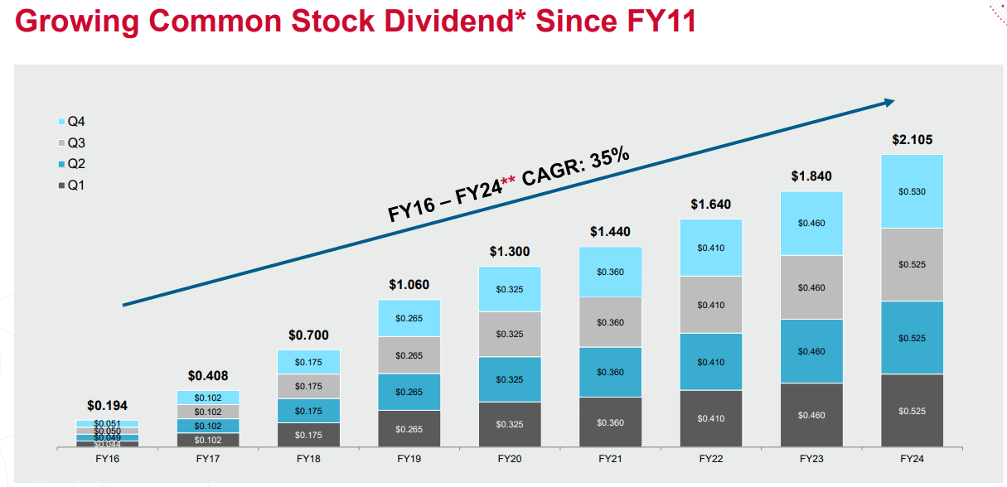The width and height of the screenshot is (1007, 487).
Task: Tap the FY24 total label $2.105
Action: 912,140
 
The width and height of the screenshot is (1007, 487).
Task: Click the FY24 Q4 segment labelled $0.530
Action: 912,191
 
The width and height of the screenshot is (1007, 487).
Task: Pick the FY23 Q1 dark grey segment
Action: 811,415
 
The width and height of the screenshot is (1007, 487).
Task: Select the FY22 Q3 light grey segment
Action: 710,305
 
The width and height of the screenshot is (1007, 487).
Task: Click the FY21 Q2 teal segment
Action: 610,372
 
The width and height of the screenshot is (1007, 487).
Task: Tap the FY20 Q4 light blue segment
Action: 509,289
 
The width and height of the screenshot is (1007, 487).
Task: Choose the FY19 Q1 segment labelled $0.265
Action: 409,429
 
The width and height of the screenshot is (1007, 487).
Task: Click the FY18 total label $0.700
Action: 308,335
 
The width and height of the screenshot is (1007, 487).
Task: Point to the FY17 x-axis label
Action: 208,458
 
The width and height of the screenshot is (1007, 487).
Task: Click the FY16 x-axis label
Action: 107,458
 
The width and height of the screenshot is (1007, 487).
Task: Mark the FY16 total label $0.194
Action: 107,406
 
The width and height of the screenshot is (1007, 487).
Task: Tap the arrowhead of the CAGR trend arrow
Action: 888,102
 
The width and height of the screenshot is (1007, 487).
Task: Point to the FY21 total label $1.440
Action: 610,232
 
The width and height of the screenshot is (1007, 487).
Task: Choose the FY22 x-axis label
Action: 710,458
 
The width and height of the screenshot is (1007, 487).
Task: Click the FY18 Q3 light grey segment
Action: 308,386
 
